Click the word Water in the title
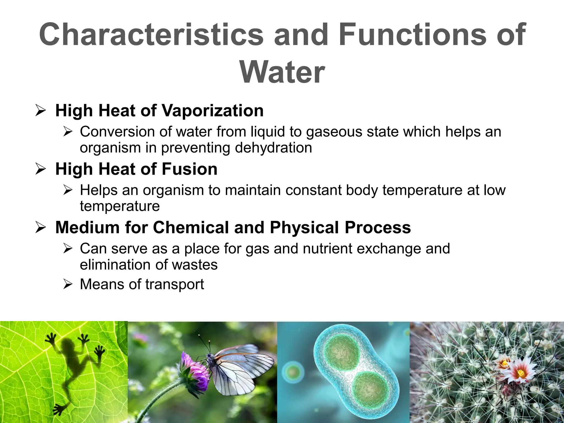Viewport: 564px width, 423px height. [x=282, y=72]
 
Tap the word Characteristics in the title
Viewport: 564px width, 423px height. [x=151, y=35]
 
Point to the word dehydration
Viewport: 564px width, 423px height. [x=273, y=148]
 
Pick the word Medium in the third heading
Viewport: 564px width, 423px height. [x=88, y=227]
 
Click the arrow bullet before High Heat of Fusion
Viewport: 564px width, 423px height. [x=40, y=169]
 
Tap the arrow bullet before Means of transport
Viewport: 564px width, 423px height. [x=67, y=284]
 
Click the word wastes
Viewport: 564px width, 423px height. [x=195, y=265]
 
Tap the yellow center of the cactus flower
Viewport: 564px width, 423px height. [x=521, y=373]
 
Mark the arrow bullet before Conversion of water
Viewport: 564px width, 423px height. [x=67, y=132]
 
